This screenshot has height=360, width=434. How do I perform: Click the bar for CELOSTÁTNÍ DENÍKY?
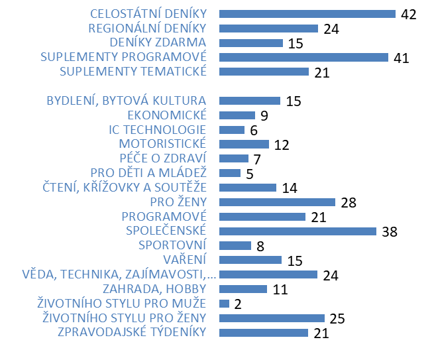click(307, 14)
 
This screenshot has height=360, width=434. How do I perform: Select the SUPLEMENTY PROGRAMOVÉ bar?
click(303, 57)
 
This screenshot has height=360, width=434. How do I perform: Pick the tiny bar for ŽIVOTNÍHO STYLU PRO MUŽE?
click(224, 304)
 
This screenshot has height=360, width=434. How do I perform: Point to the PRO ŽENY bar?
click(277, 202)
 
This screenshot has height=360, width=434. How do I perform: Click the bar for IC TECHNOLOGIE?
click(231, 130)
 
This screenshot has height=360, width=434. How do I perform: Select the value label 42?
click(408, 15)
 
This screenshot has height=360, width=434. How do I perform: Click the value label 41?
click(401, 58)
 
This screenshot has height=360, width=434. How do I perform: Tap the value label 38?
click(390, 231)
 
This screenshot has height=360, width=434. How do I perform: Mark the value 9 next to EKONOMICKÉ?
click(264, 116)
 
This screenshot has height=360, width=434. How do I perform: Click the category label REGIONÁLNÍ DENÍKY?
click(147, 28)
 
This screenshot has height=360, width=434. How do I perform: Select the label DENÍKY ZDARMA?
click(158, 42)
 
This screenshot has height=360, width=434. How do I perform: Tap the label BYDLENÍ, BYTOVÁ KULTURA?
click(126, 101)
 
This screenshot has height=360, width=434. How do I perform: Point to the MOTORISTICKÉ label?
click(162, 144)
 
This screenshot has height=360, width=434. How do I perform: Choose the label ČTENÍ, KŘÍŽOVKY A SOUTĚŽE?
click(124, 187)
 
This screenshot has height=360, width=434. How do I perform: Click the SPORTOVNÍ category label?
click(172, 245)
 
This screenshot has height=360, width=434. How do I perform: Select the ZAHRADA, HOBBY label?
click(154, 288)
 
